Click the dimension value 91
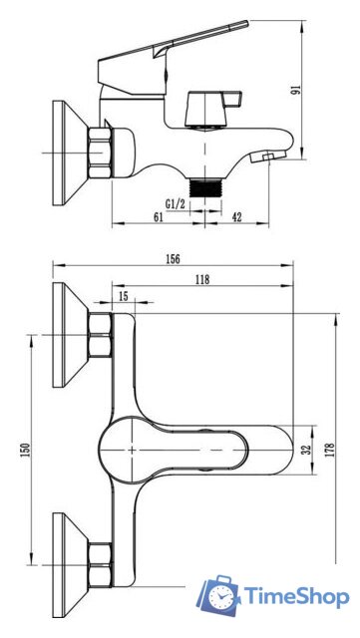point(296,90)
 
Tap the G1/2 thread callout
point(176,203)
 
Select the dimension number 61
point(158,217)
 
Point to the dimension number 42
point(236,217)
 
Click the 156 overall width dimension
point(173,259)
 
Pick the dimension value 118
point(202,279)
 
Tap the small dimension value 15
point(124,296)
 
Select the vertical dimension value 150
point(25,450)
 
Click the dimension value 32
point(307,449)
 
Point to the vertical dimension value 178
point(330,450)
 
